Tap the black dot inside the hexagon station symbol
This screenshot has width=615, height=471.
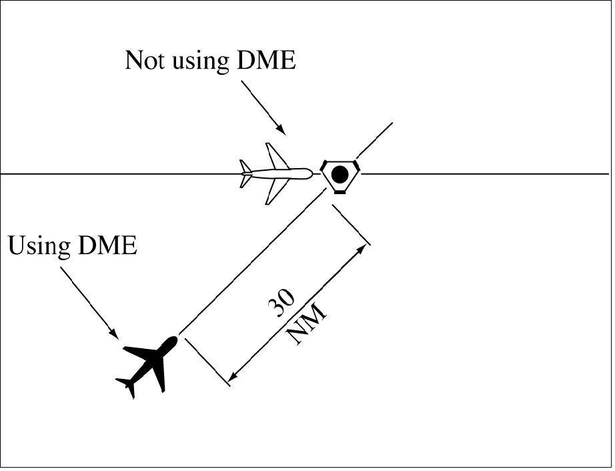[340, 175]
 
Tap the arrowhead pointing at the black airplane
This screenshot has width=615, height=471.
[114, 334]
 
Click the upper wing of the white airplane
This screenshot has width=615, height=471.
[275, 156]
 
